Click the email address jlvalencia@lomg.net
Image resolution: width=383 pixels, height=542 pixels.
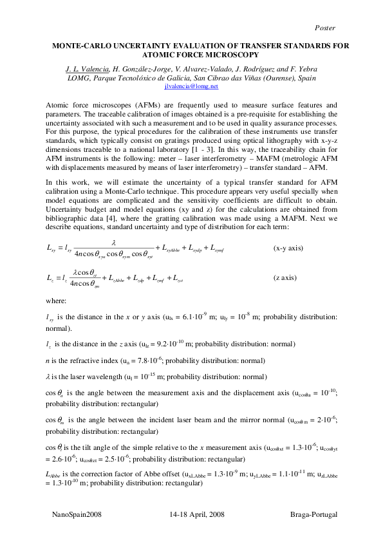point(191,86)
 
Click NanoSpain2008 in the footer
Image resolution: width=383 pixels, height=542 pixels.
point(76,516)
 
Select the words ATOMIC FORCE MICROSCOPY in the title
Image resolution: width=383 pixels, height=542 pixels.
point(191,56)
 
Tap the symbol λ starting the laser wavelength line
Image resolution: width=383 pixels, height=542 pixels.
point(49,377)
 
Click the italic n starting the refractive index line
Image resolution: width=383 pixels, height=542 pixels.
point(48,362)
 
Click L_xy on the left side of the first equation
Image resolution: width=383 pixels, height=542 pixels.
point(52,247)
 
